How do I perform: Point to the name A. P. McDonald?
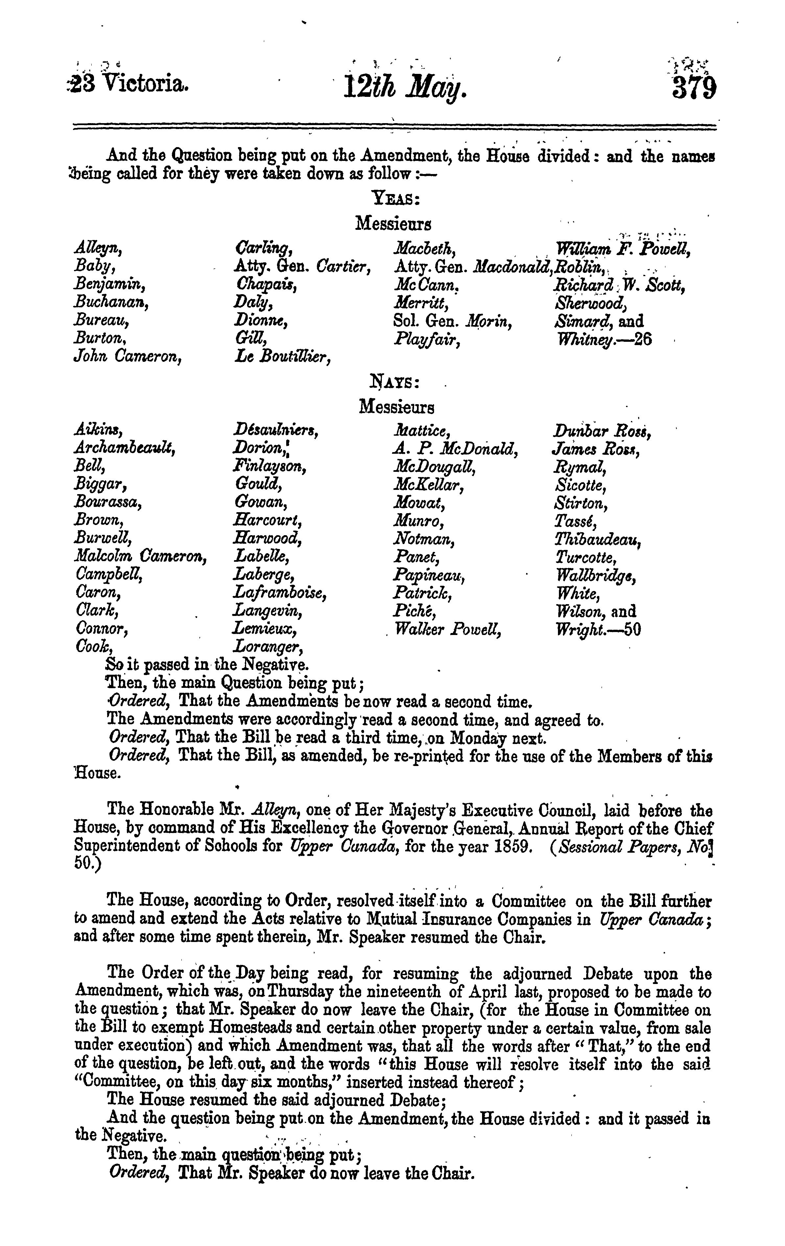[456, 448]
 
